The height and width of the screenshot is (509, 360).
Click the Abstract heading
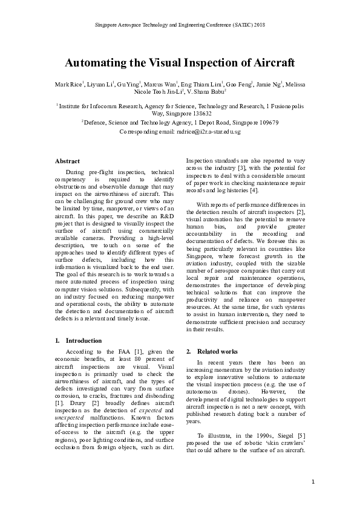[x=68, y=161]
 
